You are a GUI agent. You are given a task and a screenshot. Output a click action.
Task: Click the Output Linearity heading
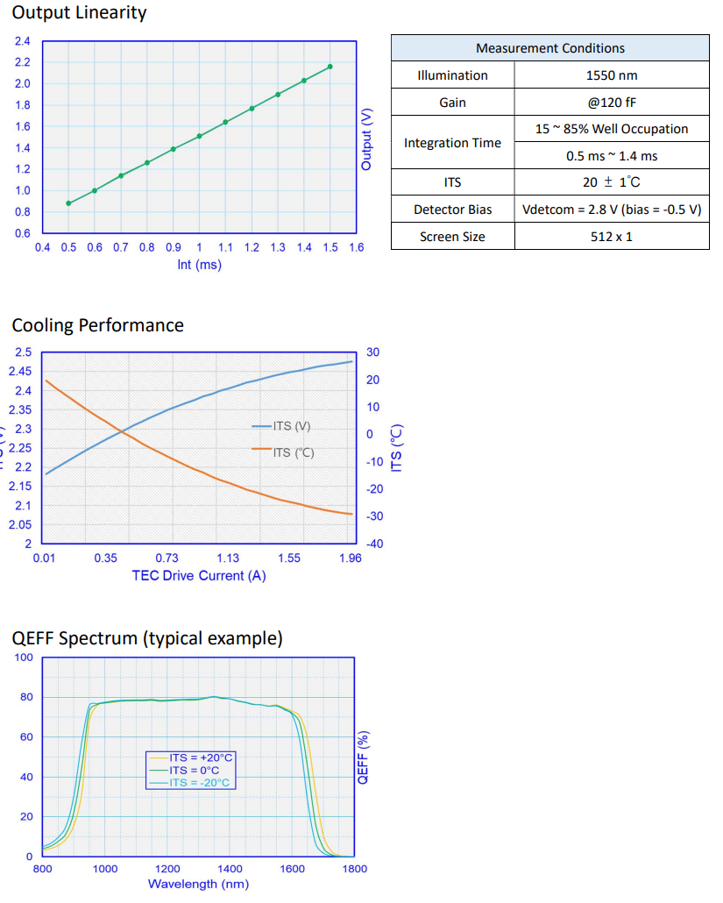80,13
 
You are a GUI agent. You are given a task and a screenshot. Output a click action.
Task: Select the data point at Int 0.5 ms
68,203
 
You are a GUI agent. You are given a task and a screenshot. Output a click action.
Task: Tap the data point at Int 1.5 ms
330,67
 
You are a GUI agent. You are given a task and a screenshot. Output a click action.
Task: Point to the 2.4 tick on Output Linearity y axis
23,41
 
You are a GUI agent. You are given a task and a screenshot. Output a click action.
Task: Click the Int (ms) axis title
199,265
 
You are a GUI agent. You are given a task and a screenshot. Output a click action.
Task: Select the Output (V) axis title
367,139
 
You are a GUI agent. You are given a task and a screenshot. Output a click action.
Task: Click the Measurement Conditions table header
549,48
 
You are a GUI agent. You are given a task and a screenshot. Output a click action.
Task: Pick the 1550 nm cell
612,75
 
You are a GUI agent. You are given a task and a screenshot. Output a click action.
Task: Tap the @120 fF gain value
612,103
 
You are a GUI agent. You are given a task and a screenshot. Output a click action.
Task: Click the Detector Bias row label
452,210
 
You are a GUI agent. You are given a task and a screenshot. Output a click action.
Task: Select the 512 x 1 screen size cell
612,237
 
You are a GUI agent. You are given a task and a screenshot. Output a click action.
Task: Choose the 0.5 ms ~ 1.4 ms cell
612,156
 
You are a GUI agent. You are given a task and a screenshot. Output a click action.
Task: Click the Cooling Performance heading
98,325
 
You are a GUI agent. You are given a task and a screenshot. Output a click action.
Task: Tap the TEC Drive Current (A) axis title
199,576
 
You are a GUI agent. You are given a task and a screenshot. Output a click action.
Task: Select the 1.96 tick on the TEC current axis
350,558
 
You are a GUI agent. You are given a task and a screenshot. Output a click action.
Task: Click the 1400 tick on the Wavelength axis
230,869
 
